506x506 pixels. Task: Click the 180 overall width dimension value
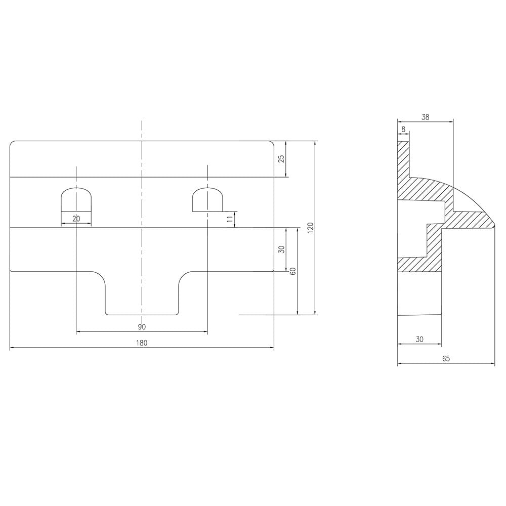point(142,343)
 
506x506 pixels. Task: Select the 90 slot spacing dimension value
point(142,327)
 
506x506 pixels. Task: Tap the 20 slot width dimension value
point(76,219)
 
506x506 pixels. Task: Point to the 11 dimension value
point(230,220)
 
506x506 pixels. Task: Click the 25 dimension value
point(281,159)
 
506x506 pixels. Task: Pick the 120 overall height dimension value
point(310,228)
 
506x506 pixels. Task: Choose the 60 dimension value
point(293,271)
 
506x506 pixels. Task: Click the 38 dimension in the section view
point(426,117)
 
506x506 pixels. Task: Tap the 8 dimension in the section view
point(403,129)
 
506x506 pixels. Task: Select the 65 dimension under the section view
point(446,359)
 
